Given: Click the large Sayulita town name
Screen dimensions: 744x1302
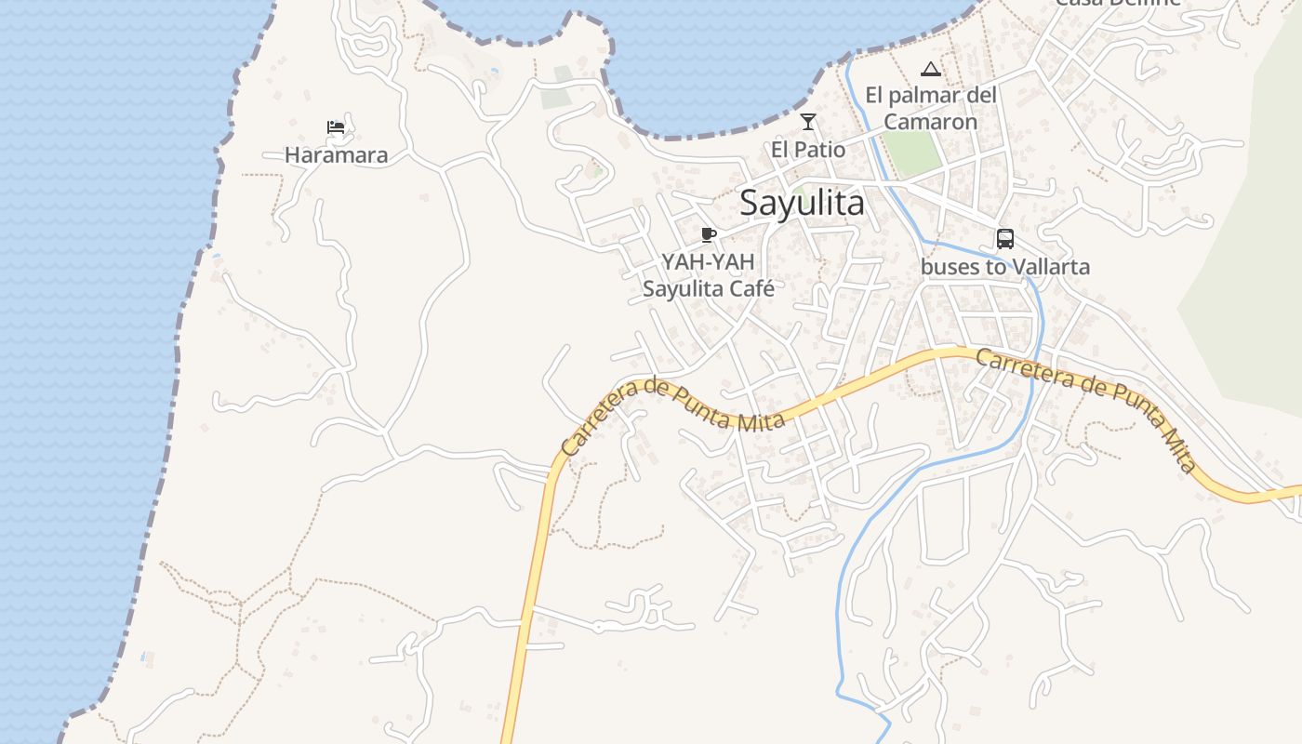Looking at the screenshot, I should [x=802, y=203].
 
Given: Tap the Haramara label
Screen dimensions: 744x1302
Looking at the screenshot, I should [x=336, y=155].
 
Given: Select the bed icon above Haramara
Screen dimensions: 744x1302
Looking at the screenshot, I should [x=336, y=126].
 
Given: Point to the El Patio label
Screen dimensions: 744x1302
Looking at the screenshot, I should [x=808, y=150].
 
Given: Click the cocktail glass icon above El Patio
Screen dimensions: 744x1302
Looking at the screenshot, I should [x=808, y=122].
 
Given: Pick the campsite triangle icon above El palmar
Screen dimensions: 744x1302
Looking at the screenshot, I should [x=930, y=69].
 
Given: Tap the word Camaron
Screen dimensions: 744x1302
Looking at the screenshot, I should [x=930, y=122].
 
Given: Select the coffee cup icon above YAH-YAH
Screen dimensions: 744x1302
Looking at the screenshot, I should [x=709, y=234].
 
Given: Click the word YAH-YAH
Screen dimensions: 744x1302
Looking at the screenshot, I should [x=708, y=262].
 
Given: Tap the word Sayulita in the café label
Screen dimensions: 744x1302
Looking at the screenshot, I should [x=684, y=288].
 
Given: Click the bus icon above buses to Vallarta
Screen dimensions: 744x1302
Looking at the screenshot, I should [x=1005, y=239].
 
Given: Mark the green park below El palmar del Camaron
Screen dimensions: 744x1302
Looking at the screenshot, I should [x=911, y=153].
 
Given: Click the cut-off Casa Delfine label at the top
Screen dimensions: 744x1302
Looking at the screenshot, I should [x=1117, y=3].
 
